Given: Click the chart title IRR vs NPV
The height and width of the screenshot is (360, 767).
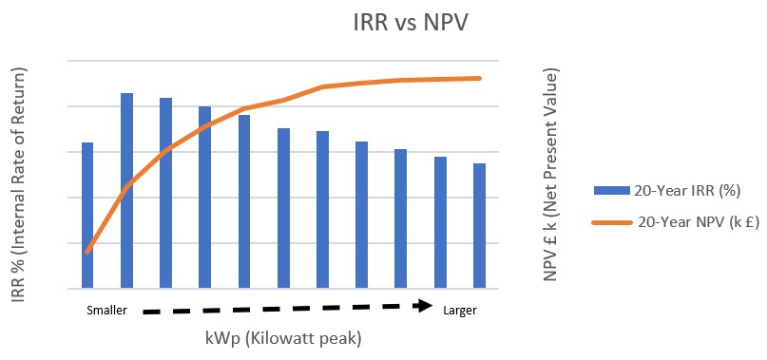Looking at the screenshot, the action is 411,24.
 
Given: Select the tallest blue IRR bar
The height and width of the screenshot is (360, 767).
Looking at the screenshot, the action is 126,190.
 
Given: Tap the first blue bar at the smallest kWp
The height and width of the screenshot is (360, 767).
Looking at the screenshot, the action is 87,216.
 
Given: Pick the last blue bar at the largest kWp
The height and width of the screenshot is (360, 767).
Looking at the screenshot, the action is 479,225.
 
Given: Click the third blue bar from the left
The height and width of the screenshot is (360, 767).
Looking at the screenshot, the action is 165,193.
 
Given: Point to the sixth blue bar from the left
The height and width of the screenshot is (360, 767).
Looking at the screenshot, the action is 284,208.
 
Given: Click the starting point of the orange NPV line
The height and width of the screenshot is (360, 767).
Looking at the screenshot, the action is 87,252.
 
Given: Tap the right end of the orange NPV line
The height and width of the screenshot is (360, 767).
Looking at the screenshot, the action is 479,78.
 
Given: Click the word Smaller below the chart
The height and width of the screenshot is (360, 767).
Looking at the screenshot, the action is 107,310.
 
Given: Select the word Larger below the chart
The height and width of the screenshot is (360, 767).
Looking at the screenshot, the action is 460,311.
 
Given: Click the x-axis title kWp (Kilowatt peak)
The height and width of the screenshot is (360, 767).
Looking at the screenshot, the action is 283,338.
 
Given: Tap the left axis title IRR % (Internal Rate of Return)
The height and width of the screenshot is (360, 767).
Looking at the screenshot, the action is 18,184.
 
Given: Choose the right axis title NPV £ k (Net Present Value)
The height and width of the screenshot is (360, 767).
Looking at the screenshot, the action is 551,175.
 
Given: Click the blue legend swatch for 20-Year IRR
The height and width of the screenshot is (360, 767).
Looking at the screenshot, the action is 611,191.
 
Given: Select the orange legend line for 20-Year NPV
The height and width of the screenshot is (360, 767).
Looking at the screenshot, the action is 611,222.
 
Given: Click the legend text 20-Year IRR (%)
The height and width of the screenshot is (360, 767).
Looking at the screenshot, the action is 687,191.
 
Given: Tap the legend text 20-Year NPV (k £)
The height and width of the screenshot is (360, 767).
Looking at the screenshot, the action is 699,222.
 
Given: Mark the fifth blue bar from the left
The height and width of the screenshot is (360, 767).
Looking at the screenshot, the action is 244,201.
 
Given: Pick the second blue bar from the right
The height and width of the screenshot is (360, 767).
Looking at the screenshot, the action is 440,222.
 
